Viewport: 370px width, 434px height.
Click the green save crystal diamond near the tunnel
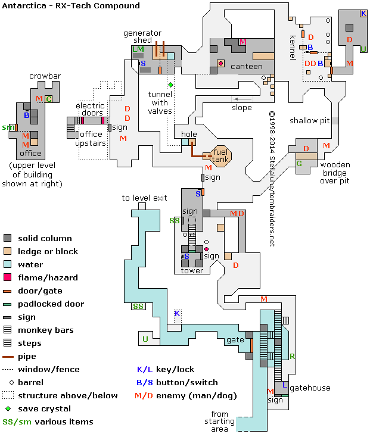tap(170, 85)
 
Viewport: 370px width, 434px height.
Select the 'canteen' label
tap(246, 67)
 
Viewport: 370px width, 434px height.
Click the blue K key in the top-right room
tap(363, 14)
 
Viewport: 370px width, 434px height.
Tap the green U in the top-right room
tap(363, 49)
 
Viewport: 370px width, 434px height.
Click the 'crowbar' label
tap(44, 76)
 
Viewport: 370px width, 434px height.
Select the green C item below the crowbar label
tap(49, 99)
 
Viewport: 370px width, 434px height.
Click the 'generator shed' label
tap(142, 37)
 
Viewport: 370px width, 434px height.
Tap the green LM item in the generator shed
tap(138, 49)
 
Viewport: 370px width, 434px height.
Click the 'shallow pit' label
tap(309, 121)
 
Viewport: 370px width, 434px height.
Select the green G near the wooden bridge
tap(299, 163)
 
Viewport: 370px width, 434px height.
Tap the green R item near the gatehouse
tap(292, 357)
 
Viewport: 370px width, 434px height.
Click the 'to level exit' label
tap(144, 198)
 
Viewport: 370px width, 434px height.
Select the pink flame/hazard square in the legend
tap(8, 277)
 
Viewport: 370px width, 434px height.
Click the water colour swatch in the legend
tap(8, 264)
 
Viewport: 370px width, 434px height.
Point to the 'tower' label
tap(192, 271)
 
